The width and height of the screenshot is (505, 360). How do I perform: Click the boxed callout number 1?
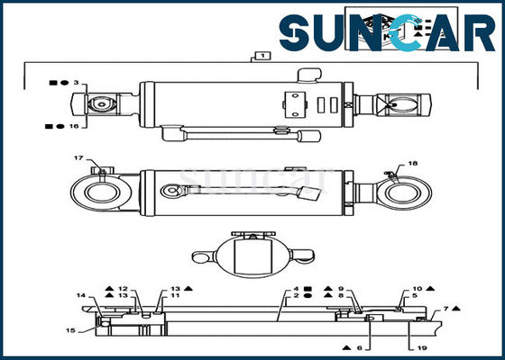pos(262,56)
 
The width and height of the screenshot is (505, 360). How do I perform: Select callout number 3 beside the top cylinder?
pos(77,83)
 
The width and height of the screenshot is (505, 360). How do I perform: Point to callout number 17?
pos(78,159)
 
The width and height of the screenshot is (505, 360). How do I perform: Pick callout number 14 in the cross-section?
pos(81,295)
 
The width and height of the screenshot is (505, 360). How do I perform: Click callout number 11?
pos(176,295)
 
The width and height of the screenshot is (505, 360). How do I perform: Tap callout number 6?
pos(358,347)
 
